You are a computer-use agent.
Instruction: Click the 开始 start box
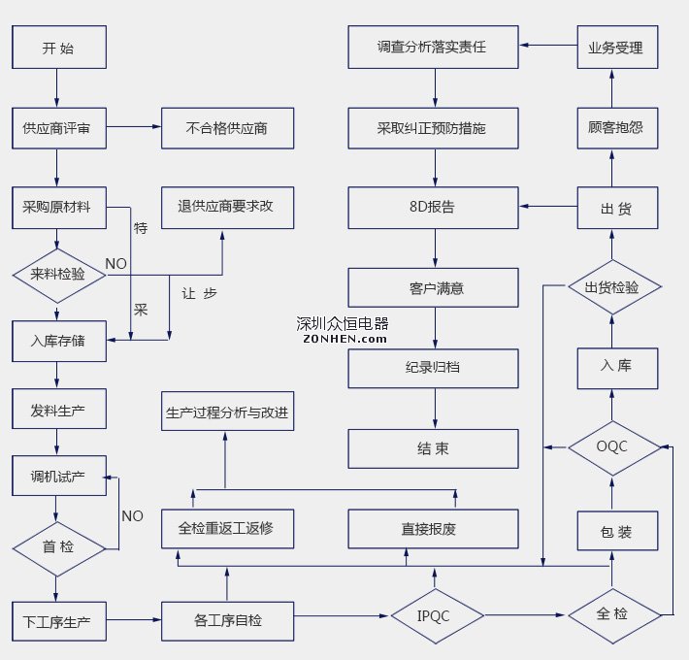coord(58,48)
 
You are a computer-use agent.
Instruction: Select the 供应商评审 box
coord(58,127)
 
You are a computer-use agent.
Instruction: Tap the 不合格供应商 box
coord(227,127)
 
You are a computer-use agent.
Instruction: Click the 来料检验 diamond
coord(58,274)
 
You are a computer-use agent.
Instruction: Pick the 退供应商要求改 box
coord(227,207)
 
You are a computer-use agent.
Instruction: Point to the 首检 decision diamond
coord(58,547)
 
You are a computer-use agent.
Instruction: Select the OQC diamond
coord(614,447)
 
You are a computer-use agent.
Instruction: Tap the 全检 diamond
coord(614,614)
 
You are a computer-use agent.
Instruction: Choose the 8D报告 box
coord(434,207)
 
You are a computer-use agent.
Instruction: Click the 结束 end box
coord(434,449)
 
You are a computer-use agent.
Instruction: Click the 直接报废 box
coord(434,529)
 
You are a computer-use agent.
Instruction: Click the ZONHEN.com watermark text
coord(344,339)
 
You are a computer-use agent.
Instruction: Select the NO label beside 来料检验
coord(115,263)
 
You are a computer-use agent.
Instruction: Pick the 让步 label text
coord(200,292)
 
